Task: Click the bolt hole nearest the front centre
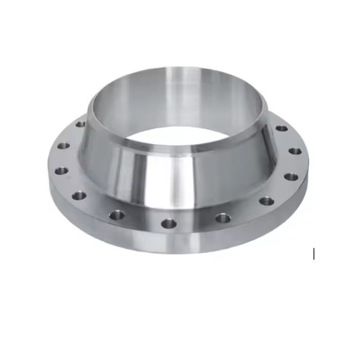(x=169, y=223)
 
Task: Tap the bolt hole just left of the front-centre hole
(x=117, y=214)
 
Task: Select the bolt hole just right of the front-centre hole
(x=223, y=218)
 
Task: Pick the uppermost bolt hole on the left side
(x=80, y=124)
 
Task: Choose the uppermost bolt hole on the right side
(x=281, y=128)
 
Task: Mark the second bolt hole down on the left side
(x=63, y=146)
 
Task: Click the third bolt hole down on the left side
(x=62, y=170)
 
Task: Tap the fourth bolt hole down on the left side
(x=79, y=195)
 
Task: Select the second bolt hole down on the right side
(x=295, y=151)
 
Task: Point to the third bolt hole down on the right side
(x=291, y=176)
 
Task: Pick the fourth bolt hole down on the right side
(x=266, y=201)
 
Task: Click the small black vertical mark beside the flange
(x=314, y=254)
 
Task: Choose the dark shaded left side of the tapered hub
(x=100, y=165)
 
